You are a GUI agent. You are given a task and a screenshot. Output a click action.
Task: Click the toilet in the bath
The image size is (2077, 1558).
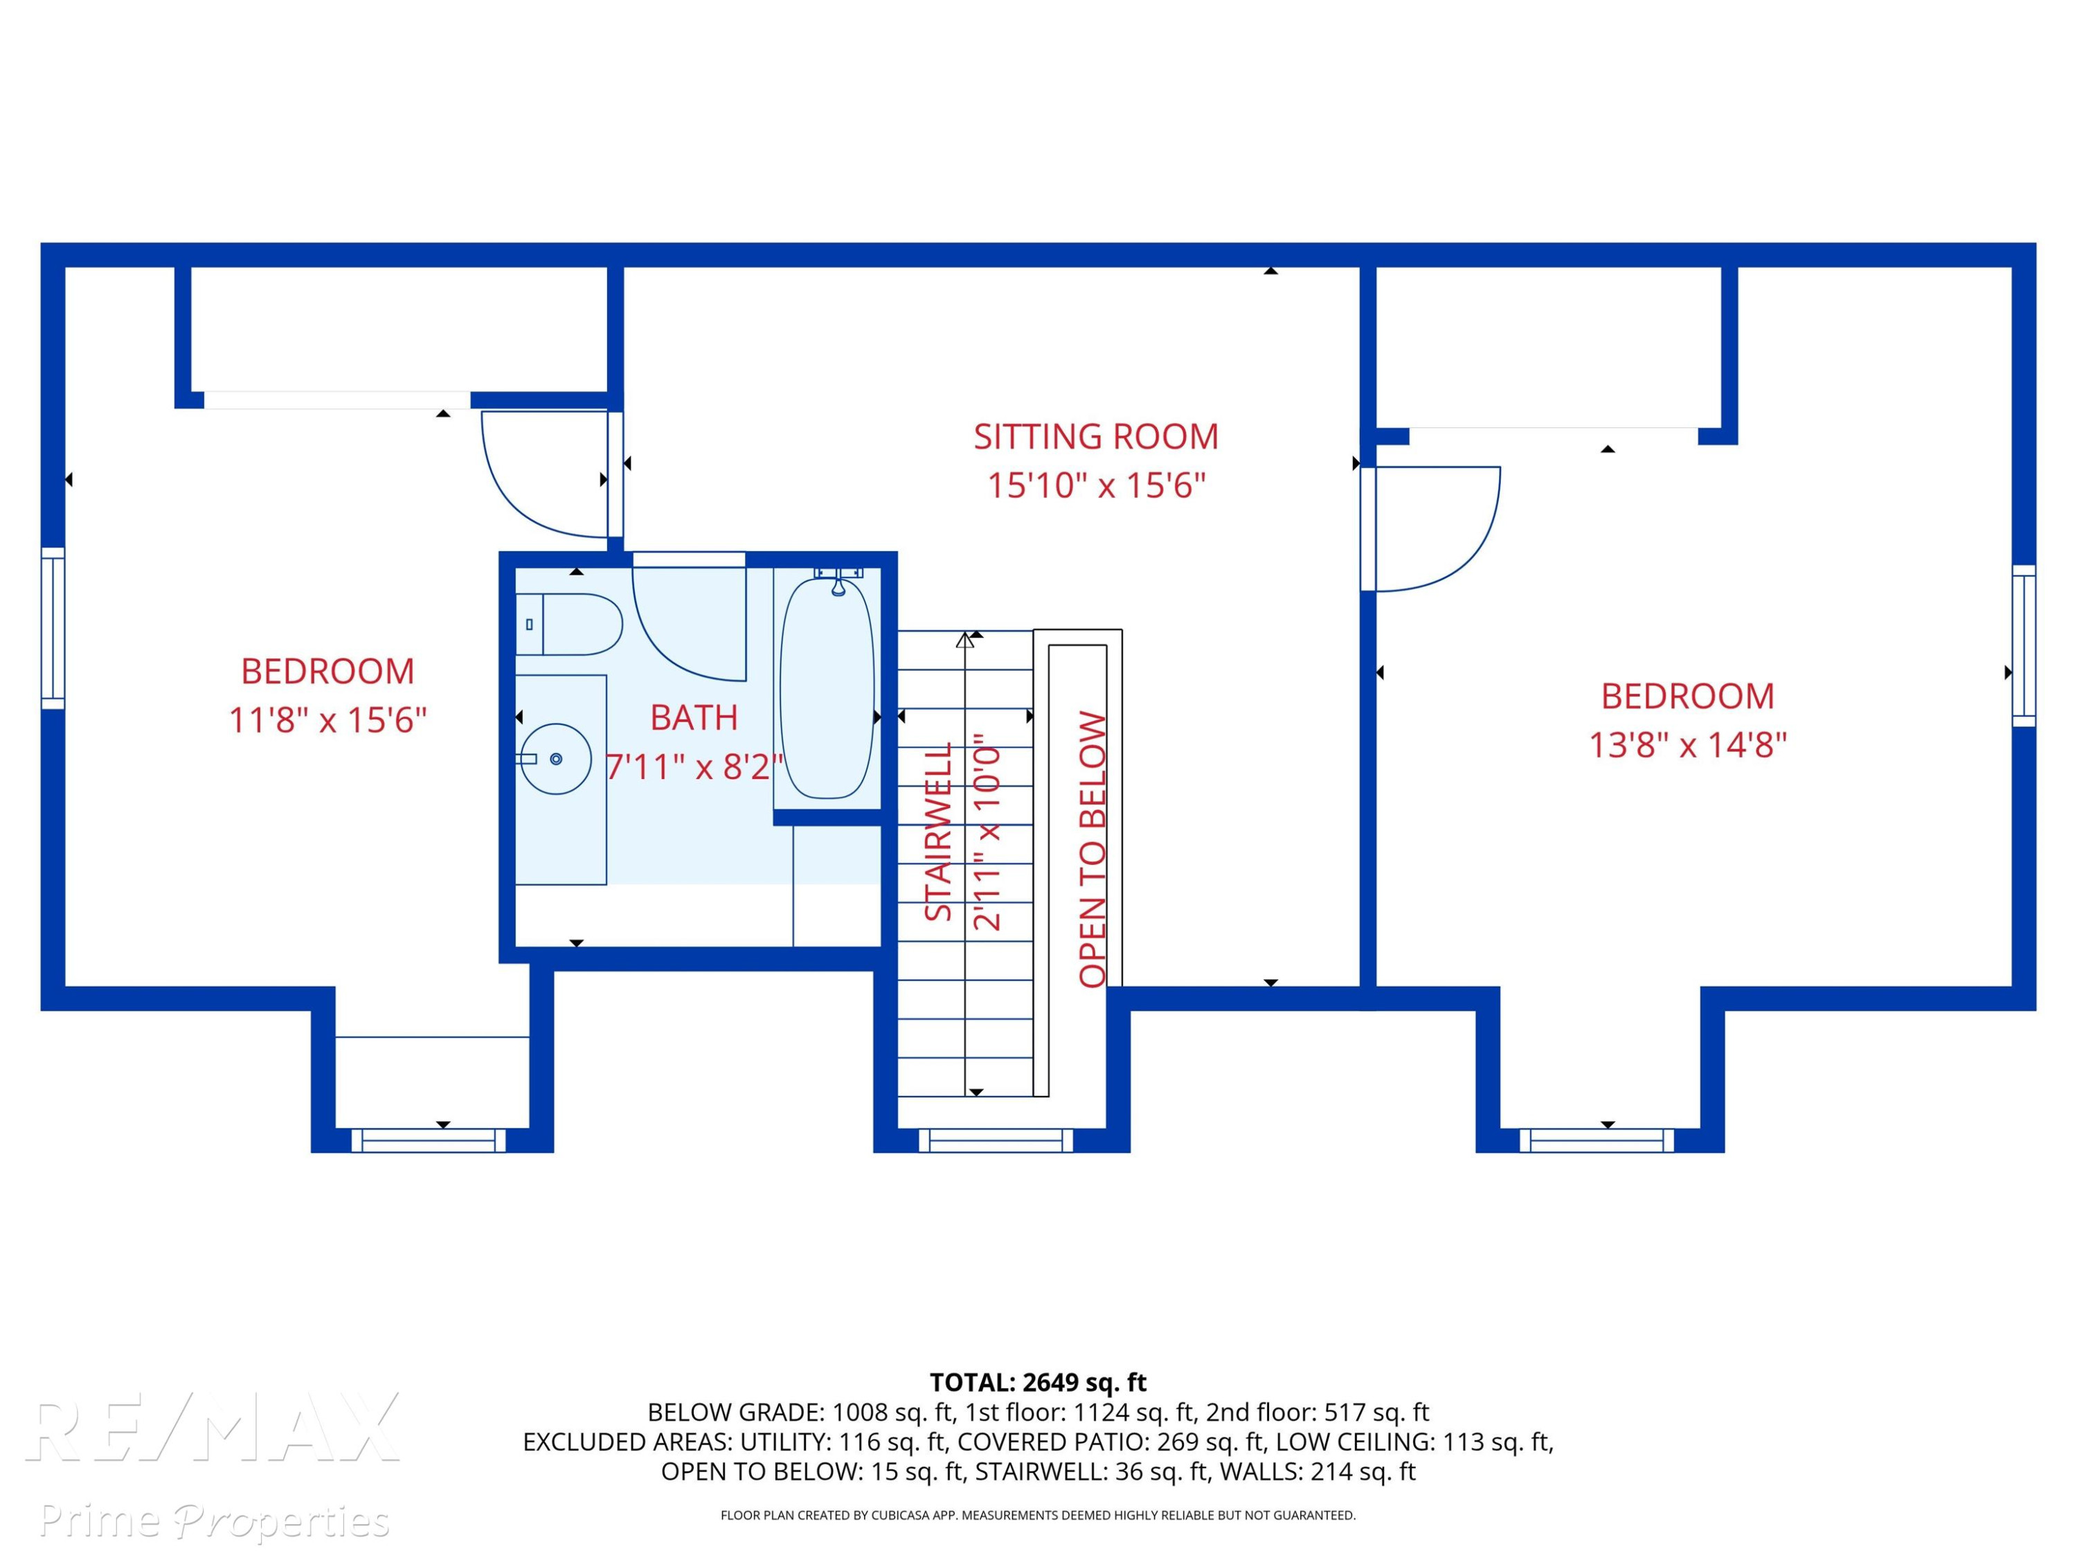click(569, 624)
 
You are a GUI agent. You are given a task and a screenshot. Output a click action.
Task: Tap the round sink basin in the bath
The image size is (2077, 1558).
click(555, 759)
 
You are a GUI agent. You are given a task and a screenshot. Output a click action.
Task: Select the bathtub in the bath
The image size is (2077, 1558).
click(827, 688)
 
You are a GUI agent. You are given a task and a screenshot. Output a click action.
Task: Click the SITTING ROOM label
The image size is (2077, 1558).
click(1096, 437)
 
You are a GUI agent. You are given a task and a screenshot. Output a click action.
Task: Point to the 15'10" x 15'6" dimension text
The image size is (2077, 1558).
click(1096, 485)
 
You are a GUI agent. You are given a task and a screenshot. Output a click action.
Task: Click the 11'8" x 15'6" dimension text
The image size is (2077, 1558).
click(327, 720)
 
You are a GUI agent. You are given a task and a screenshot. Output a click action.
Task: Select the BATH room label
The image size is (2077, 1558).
click(694, 717)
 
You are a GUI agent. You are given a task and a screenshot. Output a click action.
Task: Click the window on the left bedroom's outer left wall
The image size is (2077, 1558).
click(53, 628)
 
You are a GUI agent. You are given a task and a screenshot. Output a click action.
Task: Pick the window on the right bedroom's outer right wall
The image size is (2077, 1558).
click(2024, 646)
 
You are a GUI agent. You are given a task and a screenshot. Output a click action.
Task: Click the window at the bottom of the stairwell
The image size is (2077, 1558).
click(996, 1140)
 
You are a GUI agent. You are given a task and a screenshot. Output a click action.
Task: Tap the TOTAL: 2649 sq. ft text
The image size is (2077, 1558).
click(1038, 1382)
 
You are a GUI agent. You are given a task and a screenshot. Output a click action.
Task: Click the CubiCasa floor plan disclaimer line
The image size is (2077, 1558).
click(1038, 1515)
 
